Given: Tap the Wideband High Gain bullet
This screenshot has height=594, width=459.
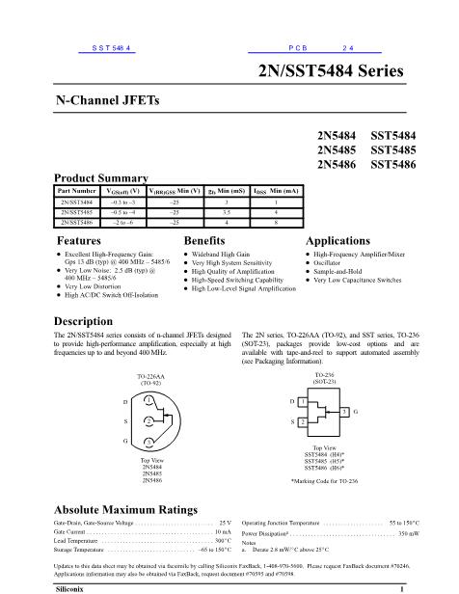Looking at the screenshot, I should tap(223, 254).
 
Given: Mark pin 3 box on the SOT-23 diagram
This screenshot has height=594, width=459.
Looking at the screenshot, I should tap(341, 412).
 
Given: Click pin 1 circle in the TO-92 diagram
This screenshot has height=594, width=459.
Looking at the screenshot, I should tap(149, 400).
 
